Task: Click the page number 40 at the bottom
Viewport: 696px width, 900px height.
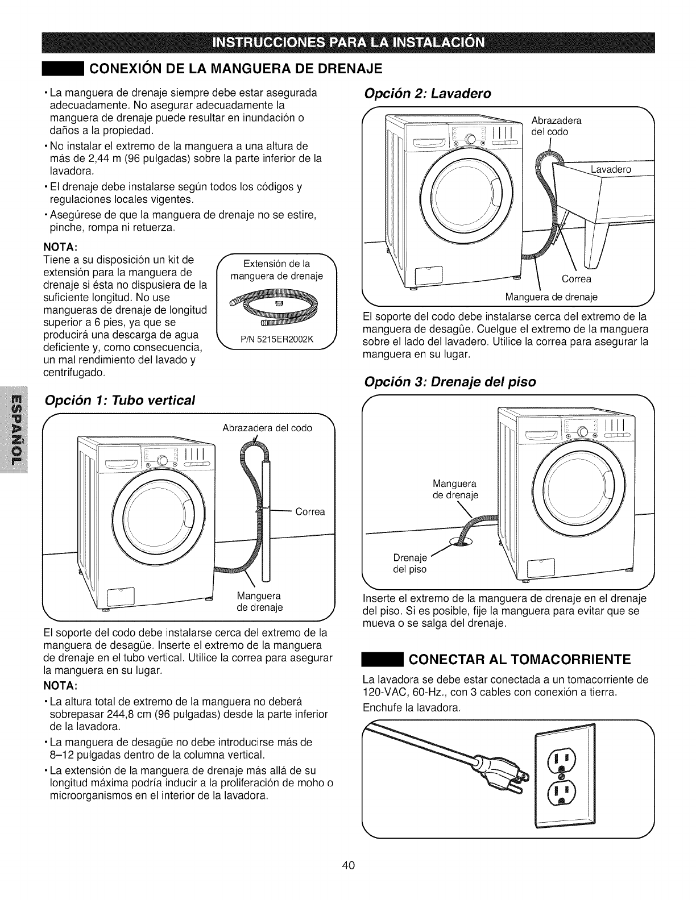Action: tap(349, 865)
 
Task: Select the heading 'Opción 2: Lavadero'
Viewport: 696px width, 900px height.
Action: tap(427, 93)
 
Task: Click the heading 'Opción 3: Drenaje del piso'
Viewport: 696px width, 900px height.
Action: tap(450, 381)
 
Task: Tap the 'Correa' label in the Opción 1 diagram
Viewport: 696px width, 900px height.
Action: tap(310, 512)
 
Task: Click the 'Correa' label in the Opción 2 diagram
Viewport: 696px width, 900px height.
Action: tap(576, 278)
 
